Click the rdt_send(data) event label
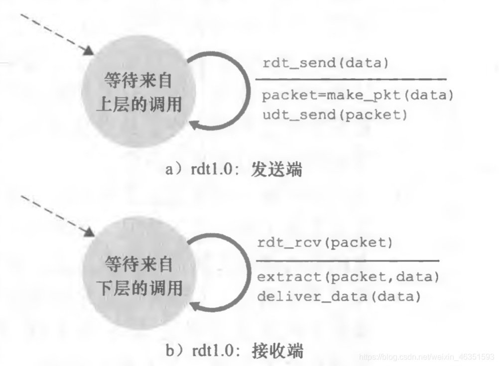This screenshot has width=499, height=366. click(325, 64)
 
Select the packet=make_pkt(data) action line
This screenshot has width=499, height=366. click(358, 96)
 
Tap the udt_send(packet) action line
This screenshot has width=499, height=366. click(335, 115)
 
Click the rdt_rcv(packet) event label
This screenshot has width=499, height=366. click(325, 244)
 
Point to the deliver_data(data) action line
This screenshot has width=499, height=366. click(339, 296)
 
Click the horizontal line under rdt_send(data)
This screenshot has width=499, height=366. click(351, 79)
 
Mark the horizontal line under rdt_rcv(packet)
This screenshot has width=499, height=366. click(347, 260)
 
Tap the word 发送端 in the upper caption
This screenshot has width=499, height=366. click(281, 170)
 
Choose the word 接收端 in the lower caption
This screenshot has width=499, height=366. click(281, 352)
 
